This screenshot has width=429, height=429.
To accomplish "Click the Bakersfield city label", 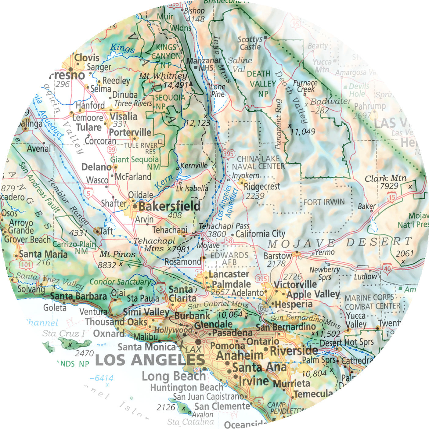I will tap(170, 206).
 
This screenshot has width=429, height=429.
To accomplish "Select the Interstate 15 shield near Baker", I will tap(392, 197).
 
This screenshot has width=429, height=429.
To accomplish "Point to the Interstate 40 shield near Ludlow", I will tap(387, 269).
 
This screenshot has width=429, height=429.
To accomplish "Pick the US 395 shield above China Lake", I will tap(229, 153).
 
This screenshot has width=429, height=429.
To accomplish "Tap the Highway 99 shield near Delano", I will tap(112, 150).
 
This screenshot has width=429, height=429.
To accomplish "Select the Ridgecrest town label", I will tap(262, 186).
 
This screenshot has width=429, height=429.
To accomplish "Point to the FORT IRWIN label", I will tap(324, 202).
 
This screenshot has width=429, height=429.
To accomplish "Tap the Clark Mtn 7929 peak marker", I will tap(410, 186).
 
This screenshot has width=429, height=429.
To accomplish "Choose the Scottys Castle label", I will tap(250, 43).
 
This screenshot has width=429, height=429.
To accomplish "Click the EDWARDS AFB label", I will tap(229, 259).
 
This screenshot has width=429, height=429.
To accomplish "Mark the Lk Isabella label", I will tap(192, 189).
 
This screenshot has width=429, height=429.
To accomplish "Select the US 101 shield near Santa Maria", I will tap(26, 265).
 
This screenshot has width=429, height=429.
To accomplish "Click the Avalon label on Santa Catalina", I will tap(203, 415).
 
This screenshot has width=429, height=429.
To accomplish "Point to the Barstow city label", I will tap(277, 256).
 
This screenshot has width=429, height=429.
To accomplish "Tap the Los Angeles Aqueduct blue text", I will tap(227, 203).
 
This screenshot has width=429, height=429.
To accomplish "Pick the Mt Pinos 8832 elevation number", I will tap(107, 265).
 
